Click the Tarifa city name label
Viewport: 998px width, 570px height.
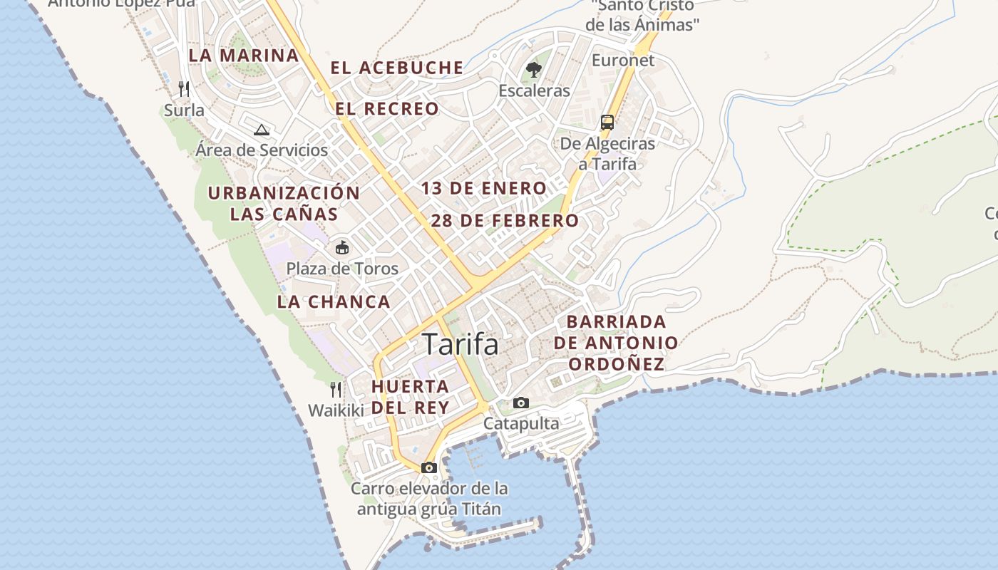click(461, 345)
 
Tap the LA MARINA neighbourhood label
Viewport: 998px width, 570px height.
click(244, 56)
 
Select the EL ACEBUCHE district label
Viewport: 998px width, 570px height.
click(396, 68)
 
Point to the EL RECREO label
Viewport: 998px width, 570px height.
click(387, 109)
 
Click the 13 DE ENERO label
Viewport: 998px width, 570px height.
click(483, 189)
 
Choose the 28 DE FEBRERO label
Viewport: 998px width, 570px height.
click(505, 221)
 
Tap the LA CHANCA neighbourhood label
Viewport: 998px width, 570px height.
click(334, 301)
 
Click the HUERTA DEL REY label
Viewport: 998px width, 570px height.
click(411, 397)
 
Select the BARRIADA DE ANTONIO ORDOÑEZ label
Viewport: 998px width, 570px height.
click(616, 343)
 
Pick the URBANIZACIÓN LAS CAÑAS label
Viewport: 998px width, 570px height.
click(284, 203)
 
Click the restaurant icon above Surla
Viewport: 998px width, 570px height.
click(184, 88)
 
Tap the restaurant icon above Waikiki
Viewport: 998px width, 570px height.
click(336, 389)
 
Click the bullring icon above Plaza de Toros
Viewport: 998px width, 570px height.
click(342, 248)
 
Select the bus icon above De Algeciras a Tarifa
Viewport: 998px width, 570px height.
click(607, 122)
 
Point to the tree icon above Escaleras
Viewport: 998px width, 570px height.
click(533, 69)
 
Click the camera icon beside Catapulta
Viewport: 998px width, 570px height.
click(521, 403)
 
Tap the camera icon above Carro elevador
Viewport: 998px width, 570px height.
click(428, 468)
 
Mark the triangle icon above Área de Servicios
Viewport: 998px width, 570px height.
click(262, 130)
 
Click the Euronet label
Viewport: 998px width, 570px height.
click(622, 61)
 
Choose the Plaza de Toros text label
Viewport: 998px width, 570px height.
click(342, 269)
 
